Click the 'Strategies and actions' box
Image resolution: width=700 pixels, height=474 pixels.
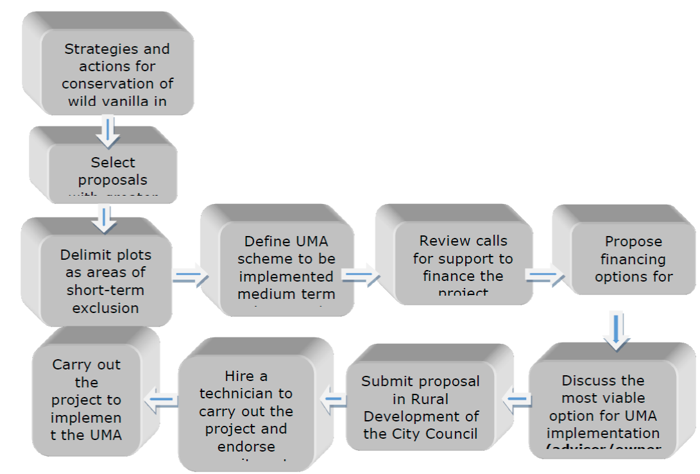pyautogui.click(x=117, y=74)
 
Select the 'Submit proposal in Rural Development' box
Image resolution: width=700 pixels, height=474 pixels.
pyautogui.click(x=420, y=407)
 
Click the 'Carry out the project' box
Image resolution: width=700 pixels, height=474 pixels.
pyautogui.click(x=87, y=399)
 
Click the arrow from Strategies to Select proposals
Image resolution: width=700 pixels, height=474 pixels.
pyautogui.click(x=108, y=131)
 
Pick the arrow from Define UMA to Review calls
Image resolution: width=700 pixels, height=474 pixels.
pyautogui.click(x=361, y=276)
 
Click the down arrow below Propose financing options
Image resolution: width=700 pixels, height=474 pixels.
pyautogui.click(x=617, y=331)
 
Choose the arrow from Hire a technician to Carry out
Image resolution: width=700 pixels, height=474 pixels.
pyautogui.click(x=162, y=400)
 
